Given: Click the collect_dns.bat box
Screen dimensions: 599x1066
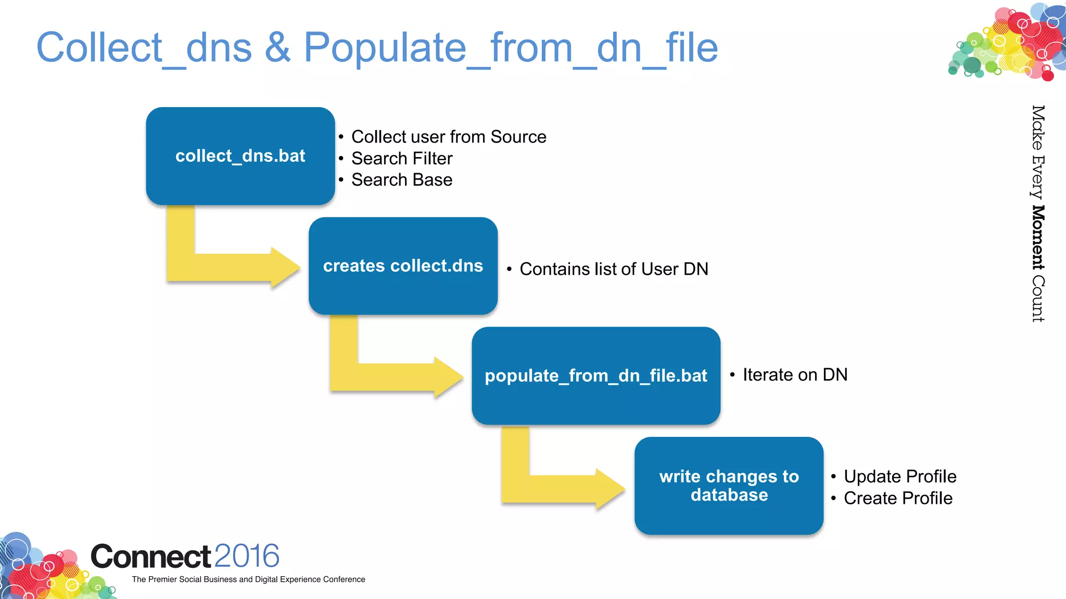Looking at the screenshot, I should point(240,156).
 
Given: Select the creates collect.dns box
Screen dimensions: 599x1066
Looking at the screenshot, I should point(403,266).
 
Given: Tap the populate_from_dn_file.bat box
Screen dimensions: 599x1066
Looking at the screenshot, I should point(595,375).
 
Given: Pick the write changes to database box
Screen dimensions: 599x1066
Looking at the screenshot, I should point(729,486).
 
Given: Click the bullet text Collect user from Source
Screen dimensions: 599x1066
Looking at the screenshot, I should point(449,137).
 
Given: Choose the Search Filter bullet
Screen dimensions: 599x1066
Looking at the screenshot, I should point(402,159).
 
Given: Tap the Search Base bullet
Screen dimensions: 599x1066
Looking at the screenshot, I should point(402,180).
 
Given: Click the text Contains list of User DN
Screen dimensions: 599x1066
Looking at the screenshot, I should point(614,269).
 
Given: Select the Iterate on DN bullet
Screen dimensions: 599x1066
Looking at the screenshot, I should point(795,375).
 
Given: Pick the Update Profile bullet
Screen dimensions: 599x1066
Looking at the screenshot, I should point(900,476).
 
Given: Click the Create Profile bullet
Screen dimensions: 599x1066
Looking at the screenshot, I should point(898,498).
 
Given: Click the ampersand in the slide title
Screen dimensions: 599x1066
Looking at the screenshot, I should point(277,47).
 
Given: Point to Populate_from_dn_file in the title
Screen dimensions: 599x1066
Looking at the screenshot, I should point(510,47).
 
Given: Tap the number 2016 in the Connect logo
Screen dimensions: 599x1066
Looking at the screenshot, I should point(247,556).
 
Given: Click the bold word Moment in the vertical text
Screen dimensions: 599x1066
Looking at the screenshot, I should point(1038,238).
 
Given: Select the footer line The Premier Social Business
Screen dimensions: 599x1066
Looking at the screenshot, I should point(248,579).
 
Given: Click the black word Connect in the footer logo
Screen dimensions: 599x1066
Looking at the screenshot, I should point(151,556).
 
